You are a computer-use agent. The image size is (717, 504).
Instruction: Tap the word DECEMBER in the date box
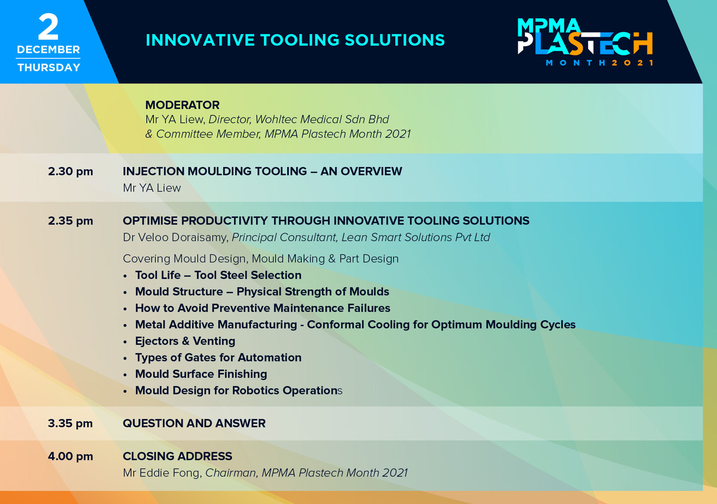[49, 50]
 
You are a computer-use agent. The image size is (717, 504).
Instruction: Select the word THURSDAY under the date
[49, 68]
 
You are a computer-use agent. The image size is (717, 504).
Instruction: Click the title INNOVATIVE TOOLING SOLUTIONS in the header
[295, 40]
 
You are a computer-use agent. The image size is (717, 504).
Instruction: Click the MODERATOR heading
[182, 105]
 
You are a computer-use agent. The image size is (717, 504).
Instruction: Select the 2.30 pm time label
[71, 171]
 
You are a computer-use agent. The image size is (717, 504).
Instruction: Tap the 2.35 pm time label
[71, 221]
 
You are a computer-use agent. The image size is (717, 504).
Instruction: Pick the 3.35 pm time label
[71, 423]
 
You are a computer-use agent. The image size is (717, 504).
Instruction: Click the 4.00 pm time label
[71, 456]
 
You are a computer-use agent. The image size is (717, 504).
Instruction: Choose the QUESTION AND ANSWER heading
[194, 423]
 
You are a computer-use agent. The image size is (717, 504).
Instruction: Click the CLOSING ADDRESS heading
[177, 456]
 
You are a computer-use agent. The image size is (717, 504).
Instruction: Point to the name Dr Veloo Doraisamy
[175, 237]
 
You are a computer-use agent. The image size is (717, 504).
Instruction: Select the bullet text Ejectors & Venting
[185, 341]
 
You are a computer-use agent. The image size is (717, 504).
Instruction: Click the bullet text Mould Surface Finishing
[201, 374]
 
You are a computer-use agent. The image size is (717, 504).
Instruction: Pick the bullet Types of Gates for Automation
[218, 358]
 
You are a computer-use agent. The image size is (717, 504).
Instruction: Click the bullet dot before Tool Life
[125, 276]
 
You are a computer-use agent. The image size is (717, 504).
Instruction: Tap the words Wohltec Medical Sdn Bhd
[322, 119]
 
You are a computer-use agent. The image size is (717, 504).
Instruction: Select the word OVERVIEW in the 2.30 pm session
[371, 171]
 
